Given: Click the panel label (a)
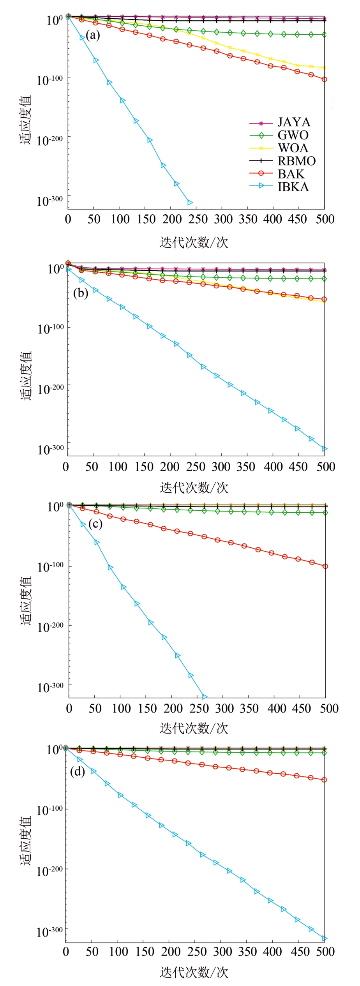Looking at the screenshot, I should point(93,35).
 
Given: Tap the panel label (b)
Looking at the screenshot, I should point(81,293).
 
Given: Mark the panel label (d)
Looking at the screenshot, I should point(77,771).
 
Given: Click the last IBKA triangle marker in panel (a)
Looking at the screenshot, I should point(190,202).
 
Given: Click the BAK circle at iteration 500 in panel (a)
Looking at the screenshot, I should point(324,79).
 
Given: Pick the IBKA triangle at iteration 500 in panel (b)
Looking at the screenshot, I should point(325,449).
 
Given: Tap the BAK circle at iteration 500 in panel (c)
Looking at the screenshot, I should point(325,566).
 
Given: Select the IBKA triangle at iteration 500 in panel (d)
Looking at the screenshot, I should point(325,939).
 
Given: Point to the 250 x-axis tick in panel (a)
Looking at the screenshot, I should point(198,219).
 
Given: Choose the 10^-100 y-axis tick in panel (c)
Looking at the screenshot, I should point(50,566).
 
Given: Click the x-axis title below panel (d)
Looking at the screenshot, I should point(194,972).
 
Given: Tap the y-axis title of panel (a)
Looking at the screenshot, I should point(25,120).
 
